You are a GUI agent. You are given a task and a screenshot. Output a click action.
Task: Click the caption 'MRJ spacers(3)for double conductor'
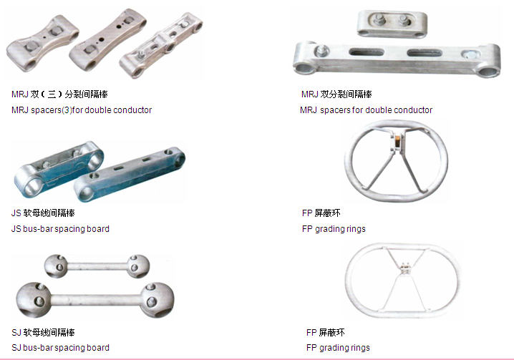pyautogui.click(x=82, y=110)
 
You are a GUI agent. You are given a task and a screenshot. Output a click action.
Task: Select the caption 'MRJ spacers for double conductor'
pyautogui.click(x=366, y=110)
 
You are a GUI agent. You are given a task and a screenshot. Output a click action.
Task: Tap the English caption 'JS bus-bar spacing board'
pyautogui.click(x=60, y=229)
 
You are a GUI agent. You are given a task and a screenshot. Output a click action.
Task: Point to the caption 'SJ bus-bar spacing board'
pyautogui.click(x=60, y=348)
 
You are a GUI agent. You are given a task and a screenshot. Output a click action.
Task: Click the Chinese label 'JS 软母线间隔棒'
pyautogui.click(x=43, y=213)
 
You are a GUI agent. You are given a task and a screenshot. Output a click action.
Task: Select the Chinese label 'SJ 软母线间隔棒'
pyautogui.click(x=43, y=333)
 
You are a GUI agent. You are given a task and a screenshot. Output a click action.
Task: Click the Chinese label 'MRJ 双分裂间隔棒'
pyautogui.click(x=336, y=94)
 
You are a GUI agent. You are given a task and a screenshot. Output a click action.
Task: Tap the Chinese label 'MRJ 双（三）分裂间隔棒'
pyautogui.click(x=59, y=94)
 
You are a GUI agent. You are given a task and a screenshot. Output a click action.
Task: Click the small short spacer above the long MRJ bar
pyautogui.click(x=392, y=24)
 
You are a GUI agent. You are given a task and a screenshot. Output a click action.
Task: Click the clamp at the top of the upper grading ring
pyautogui.click(x=397, y=142)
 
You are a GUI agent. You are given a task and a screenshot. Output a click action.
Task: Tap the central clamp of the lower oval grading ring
pyautogui.click(x=405, y=268)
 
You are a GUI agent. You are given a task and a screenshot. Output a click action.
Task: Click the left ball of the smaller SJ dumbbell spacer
pyautogui.click(x=56, y=266)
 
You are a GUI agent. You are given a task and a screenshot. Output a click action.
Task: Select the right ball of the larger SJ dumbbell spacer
pyautogui.click(x=157, y=300)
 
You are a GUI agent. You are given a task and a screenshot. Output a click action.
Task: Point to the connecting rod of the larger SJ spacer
pyautogui.click(x=96, y=300)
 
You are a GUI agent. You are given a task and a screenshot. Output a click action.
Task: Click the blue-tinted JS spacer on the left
pyautogui.click(x=59, y=169)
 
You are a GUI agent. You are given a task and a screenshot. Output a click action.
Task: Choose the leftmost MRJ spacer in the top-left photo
pyautogui.click(x=43, y=43)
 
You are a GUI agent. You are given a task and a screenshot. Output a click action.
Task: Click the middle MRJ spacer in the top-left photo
pyautogui.click(x=107, y=40)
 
